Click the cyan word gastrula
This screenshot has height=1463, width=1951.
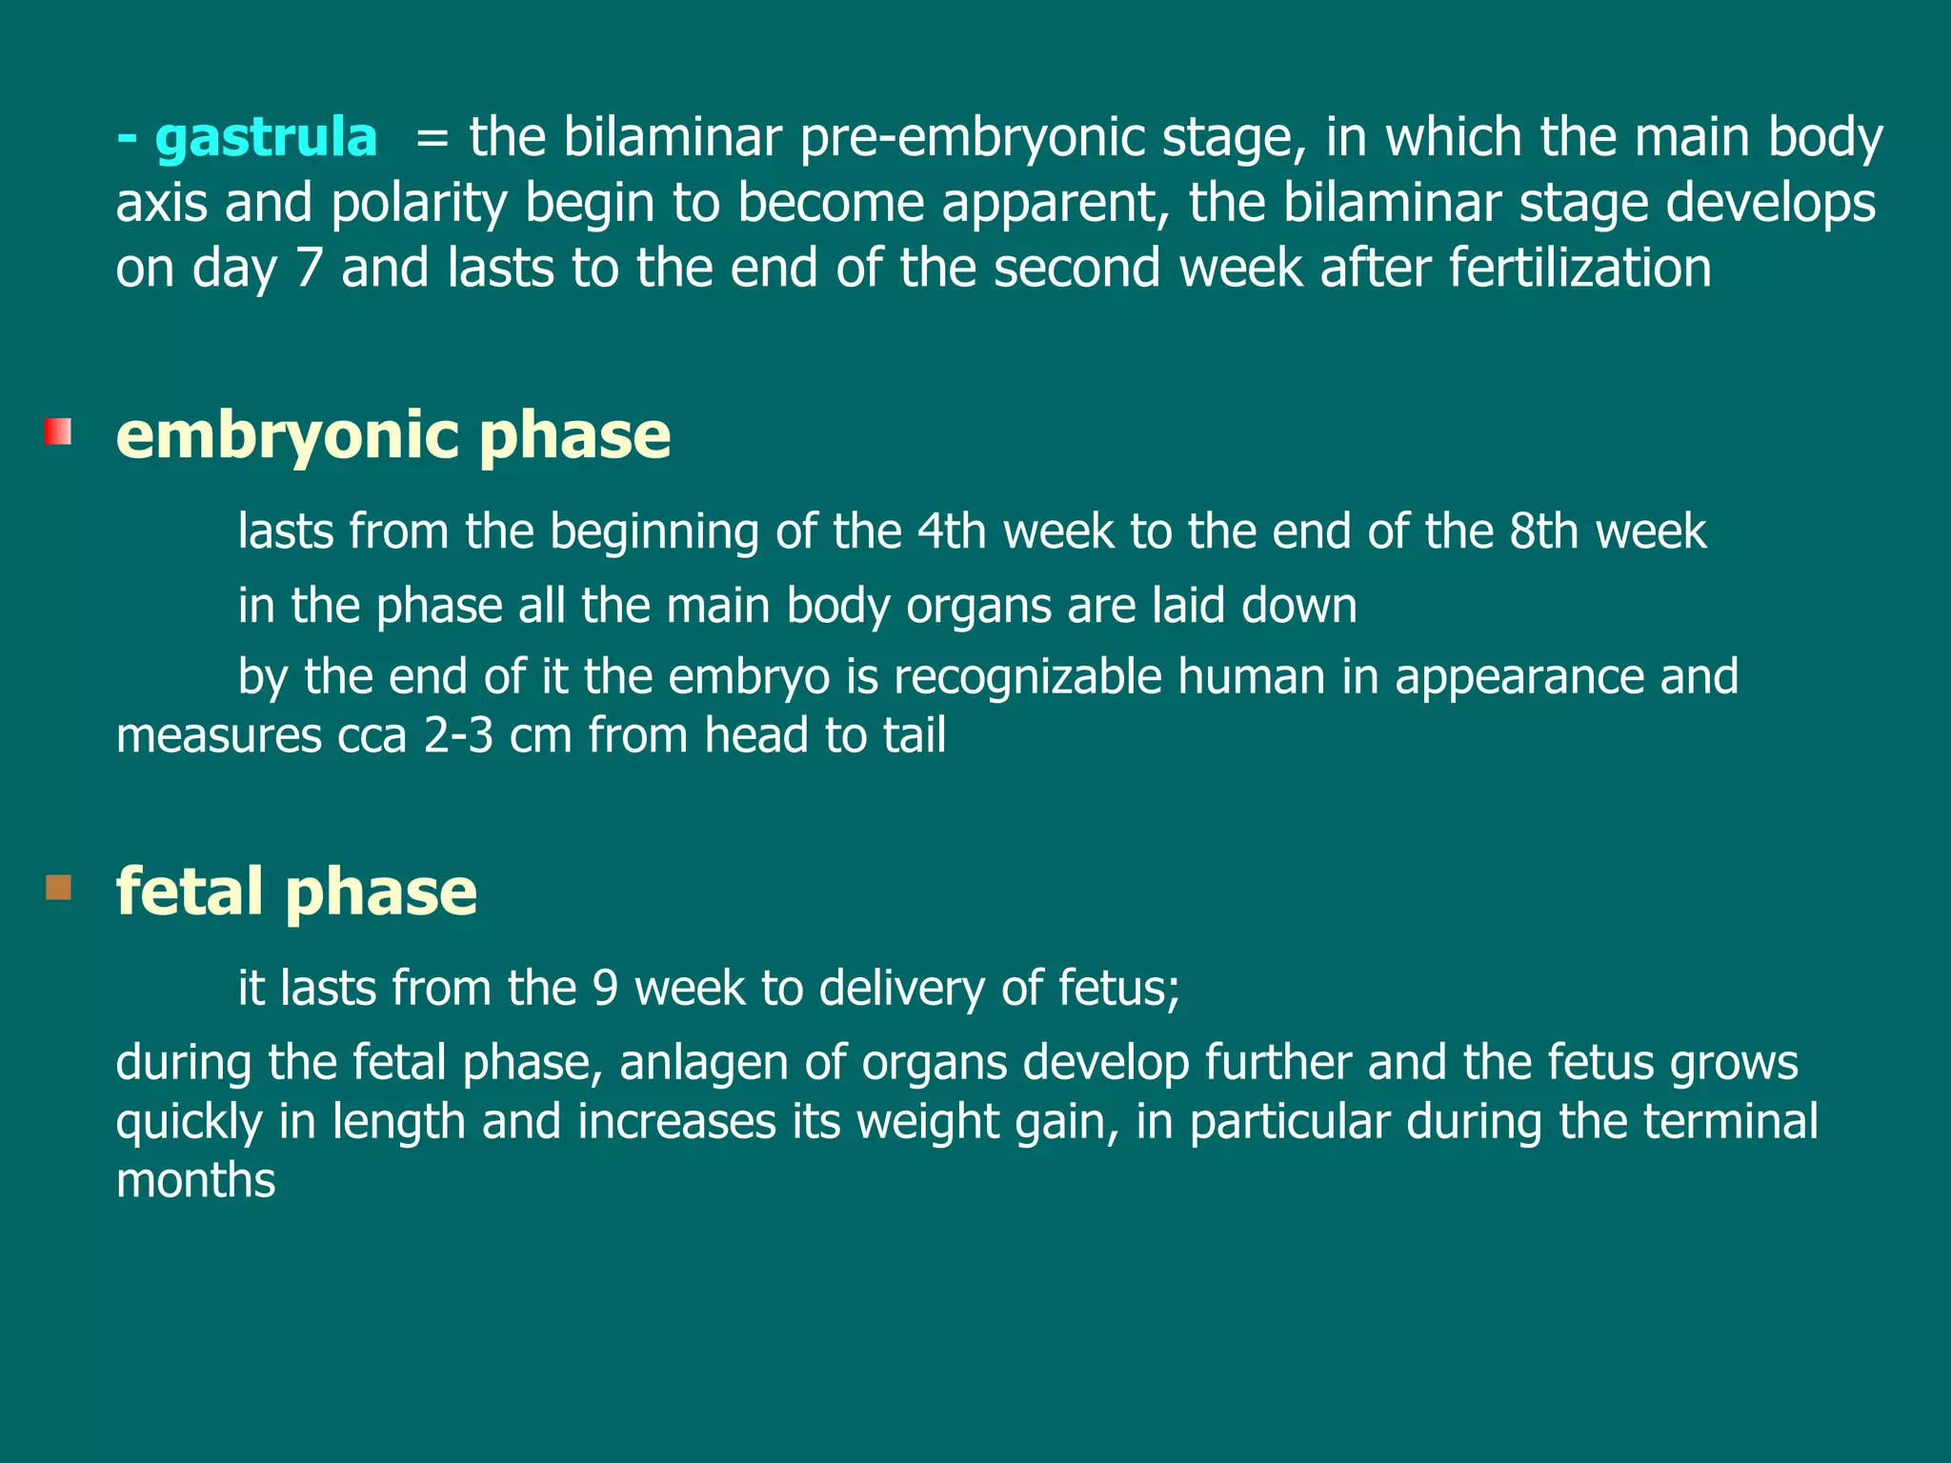(266, 138)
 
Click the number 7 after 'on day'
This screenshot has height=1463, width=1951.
(310, 269)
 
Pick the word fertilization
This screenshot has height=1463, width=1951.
(1580, 269)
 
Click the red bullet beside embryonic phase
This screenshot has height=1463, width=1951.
(58, 431)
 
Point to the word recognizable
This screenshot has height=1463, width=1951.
(1028, 677)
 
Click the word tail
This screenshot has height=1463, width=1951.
(915, 736)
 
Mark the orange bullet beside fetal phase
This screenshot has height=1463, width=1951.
(58, 888)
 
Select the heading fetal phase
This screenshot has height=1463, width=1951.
(296, 892)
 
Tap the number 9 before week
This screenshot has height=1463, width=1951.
(606, 989)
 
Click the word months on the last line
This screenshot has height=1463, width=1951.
(195, 1181)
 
